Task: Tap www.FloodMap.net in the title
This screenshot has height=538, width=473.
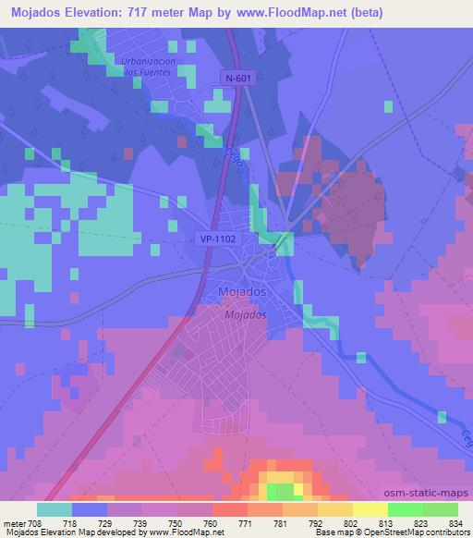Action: [287, 12]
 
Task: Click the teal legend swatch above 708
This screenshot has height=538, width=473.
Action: [54, 509]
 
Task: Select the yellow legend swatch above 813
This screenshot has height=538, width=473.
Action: [370, 509]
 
